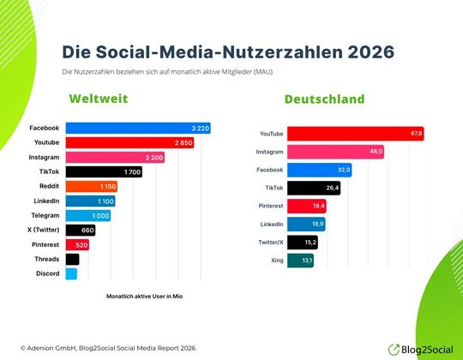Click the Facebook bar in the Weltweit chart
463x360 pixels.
click(137, 129)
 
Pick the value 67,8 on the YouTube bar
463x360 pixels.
click(416, 134)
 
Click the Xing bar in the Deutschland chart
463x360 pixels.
click(300, 261)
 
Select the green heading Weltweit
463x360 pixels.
click(99, 99)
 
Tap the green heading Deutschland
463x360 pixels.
click(324, 99)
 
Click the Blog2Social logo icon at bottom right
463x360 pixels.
click(394, 349)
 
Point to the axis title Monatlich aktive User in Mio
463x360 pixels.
click(144, 296)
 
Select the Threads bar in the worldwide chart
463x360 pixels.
click(72, 259)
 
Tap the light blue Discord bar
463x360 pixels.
click(71, 273)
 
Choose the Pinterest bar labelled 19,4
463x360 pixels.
click(306, 206)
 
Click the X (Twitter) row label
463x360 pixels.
click(40, 230)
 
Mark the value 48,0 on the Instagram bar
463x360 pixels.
click(375, 152)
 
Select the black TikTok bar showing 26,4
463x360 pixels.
click(313, 188)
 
